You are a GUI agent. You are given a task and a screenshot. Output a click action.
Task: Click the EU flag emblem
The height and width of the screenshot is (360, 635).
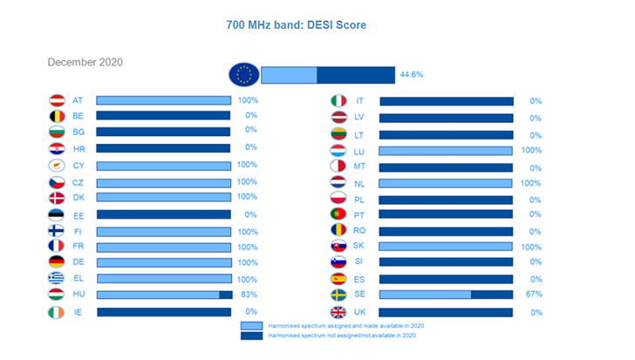coord(243,75)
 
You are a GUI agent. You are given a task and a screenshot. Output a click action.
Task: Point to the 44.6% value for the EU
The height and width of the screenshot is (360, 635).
coord(412,75)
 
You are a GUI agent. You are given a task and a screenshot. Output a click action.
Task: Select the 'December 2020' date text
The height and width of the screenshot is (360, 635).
coord(85,62)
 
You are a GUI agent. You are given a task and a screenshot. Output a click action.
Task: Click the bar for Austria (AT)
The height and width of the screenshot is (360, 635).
coord(163,101)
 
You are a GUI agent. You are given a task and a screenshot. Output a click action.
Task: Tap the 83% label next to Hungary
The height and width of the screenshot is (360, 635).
coord(249,295)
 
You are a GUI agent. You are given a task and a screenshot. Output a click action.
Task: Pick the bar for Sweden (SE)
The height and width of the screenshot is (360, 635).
coord(446,295)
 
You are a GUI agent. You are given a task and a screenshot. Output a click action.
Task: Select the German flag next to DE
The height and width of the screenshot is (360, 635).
coord(58,262)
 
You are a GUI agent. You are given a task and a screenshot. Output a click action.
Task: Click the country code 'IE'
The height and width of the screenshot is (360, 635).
coord(79,311)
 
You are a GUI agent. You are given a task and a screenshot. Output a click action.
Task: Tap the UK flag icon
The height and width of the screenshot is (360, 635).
coord(338,312)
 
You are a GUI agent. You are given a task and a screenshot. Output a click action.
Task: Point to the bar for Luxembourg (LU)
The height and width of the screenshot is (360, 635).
coord(446,151)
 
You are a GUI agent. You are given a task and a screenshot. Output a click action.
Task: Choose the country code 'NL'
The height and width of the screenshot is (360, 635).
coord(359,183)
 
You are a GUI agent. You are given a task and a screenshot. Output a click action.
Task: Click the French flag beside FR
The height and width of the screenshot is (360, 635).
coord(58,247)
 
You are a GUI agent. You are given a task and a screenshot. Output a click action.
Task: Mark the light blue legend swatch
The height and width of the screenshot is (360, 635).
coord(251,325)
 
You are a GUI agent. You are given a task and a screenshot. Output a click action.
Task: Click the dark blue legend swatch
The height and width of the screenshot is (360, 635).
coord(251,336)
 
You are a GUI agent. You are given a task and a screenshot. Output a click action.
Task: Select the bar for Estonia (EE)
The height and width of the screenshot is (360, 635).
coord(163,214)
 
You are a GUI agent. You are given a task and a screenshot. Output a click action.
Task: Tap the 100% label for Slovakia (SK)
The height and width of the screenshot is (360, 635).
coord(531,247)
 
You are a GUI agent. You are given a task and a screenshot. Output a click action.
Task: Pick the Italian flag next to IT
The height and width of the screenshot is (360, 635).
coord(338,101)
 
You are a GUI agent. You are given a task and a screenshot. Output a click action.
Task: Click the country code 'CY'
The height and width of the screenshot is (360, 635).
coord(79,166)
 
